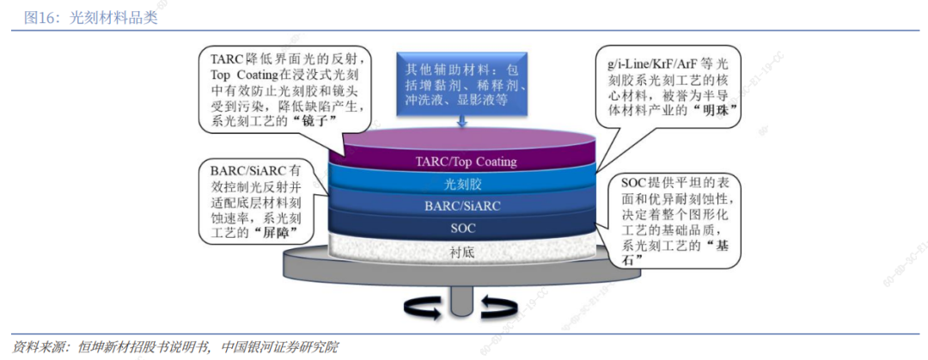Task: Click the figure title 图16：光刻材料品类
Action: (x=90, y=18)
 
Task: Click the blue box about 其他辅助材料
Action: (x=461, y=83)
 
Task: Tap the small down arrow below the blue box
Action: (x=461, y=121)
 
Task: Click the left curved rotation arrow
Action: (x=422, y=308)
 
